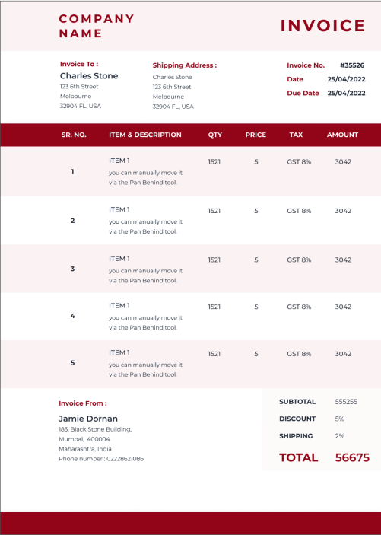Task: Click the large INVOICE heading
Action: pos(323,26)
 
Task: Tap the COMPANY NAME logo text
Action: pos(96,26)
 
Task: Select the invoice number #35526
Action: pos(352,65)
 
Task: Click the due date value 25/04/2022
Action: pos(347,93)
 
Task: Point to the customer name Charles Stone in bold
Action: pos(89,76)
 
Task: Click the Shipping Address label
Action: pos(184,65)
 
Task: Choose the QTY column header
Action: pos(215,135)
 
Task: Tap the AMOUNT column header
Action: pos(342,135)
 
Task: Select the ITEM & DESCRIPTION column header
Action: pos(145,135)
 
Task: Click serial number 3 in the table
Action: pos(72,269)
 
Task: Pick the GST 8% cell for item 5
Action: pos(299,354)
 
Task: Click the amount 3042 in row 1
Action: pos(343,161)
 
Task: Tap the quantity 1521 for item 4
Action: pos(214,307)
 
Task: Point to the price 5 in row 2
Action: pos(256,211)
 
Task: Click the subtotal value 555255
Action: pos(346,401)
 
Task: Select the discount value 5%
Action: pos(340,419)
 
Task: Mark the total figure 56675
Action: pos(352,457)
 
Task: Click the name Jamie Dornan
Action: pos(88,419)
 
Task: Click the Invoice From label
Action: pos(83,403)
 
